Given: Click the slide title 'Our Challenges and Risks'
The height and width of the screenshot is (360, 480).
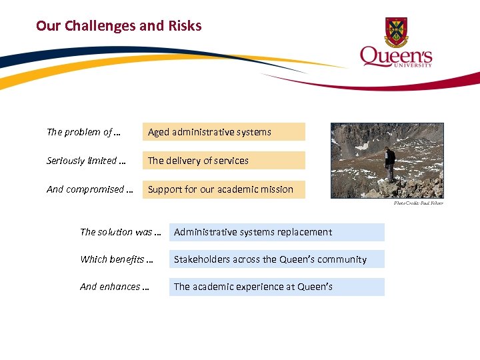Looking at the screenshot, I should (119, 26).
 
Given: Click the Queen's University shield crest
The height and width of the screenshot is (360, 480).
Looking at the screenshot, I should (396, 31).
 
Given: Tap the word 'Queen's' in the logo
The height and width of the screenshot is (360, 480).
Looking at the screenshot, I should (396, 56).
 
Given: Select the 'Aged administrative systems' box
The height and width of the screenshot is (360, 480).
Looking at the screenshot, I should (223, 132).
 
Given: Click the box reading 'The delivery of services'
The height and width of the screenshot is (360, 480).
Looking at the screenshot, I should (223, 161).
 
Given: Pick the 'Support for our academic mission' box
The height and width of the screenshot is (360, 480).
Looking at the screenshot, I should (223, 189).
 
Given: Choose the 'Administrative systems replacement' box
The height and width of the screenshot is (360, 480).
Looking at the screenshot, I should (277, 232).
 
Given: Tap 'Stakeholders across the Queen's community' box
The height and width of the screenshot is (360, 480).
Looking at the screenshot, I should (277, 259).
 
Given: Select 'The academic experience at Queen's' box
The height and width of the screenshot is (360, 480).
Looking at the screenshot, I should (277, 287).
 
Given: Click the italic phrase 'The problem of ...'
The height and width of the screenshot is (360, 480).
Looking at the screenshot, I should (83, 132).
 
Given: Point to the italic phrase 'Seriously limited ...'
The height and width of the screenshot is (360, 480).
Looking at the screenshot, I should (86, 161).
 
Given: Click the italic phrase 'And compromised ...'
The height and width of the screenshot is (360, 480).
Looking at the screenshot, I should (89, 189).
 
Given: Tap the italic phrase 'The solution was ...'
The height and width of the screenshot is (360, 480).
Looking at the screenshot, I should (120, 232).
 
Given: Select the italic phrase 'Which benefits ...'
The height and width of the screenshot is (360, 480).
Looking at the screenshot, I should (116, 259).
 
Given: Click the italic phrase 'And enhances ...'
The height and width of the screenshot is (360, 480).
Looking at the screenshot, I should (114, 287).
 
